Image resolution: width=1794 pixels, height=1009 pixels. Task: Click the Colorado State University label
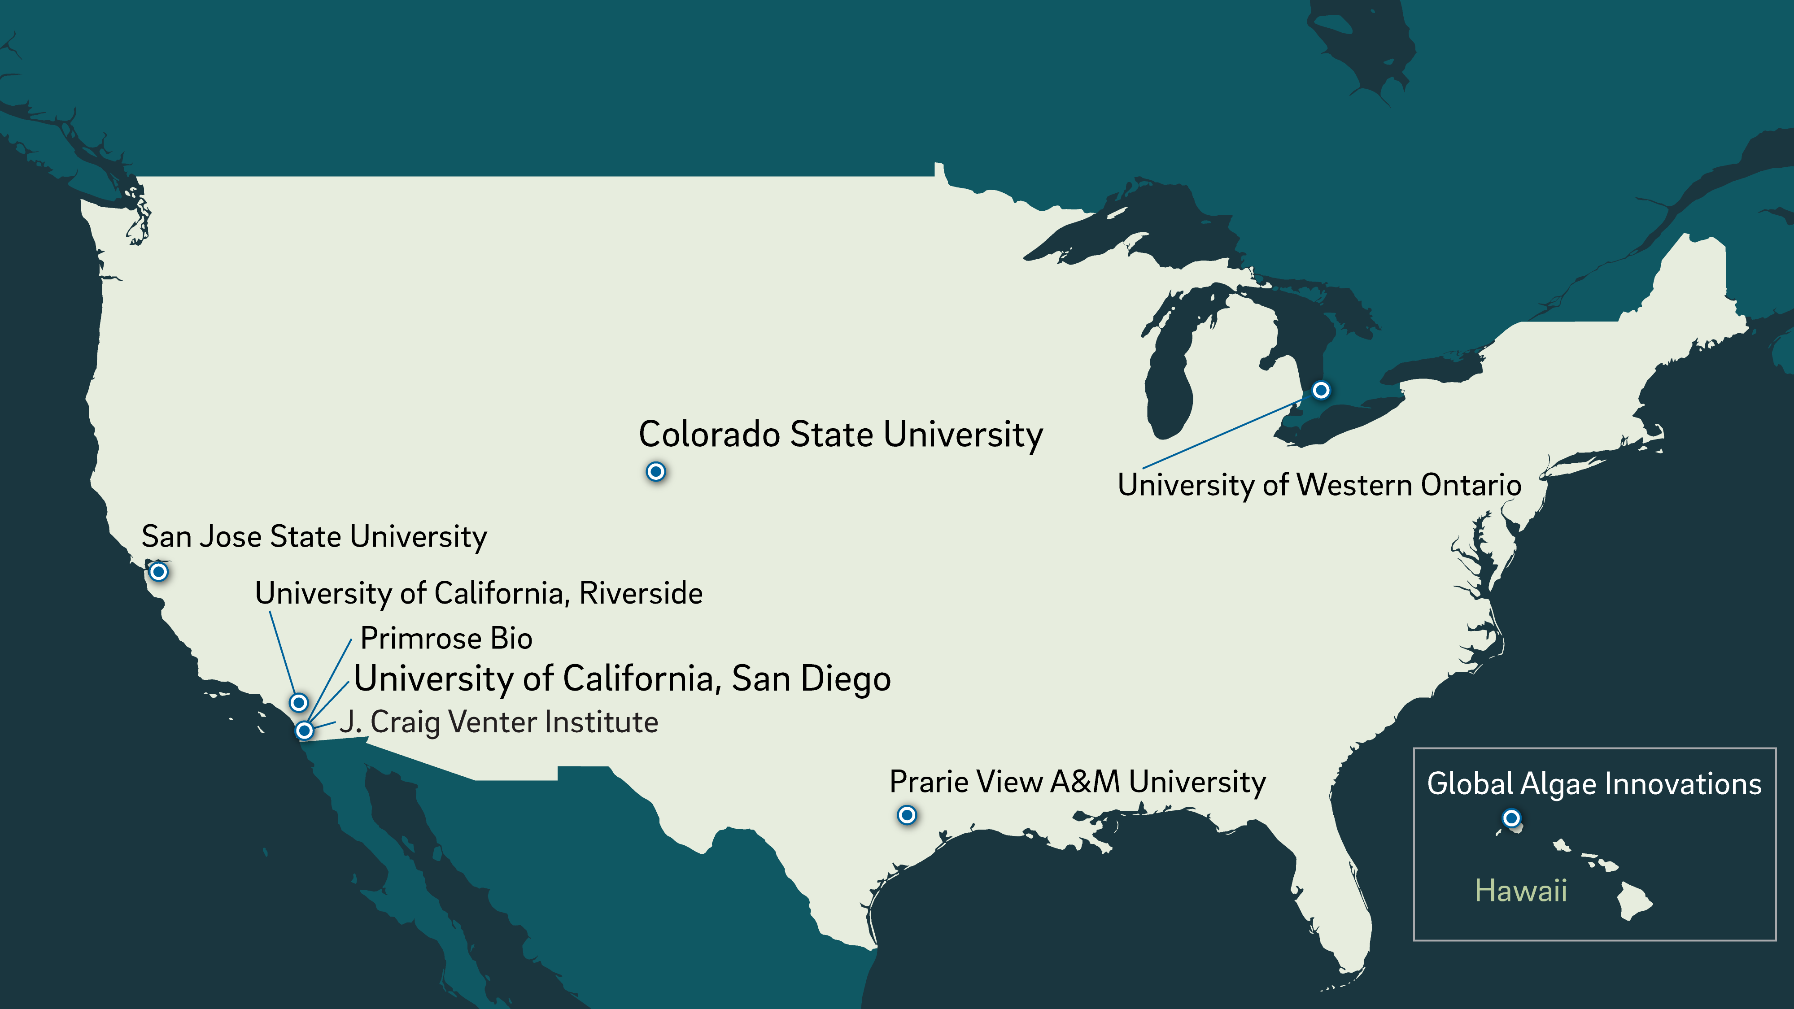(x=841, y=435)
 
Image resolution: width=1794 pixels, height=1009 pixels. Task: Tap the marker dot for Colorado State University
(x=655, y=471)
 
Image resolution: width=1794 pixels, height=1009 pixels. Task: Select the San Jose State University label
(x=314, y=536)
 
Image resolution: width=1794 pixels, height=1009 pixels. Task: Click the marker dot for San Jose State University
(x=159, y=572)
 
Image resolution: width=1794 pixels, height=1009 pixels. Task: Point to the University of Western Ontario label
(x=1319, y=485)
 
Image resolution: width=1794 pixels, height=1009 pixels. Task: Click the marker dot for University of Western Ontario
(x=1320, y=390)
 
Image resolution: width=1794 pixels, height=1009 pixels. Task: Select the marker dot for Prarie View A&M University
(x=906, y=815)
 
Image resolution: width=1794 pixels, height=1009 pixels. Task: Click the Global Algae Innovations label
(x=1594, y=783)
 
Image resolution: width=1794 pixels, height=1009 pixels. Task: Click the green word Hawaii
(x=1521, y=891)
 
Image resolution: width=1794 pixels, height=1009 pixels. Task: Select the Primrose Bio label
(x=446, y=638)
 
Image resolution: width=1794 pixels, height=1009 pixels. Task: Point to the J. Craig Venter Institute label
(x=499, y=722)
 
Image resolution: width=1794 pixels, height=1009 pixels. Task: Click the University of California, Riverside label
(x=479, y=593)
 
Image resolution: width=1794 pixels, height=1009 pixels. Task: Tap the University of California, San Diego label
(x=622, y=678)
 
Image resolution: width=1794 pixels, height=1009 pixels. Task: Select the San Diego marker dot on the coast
(x=304, y=731)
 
